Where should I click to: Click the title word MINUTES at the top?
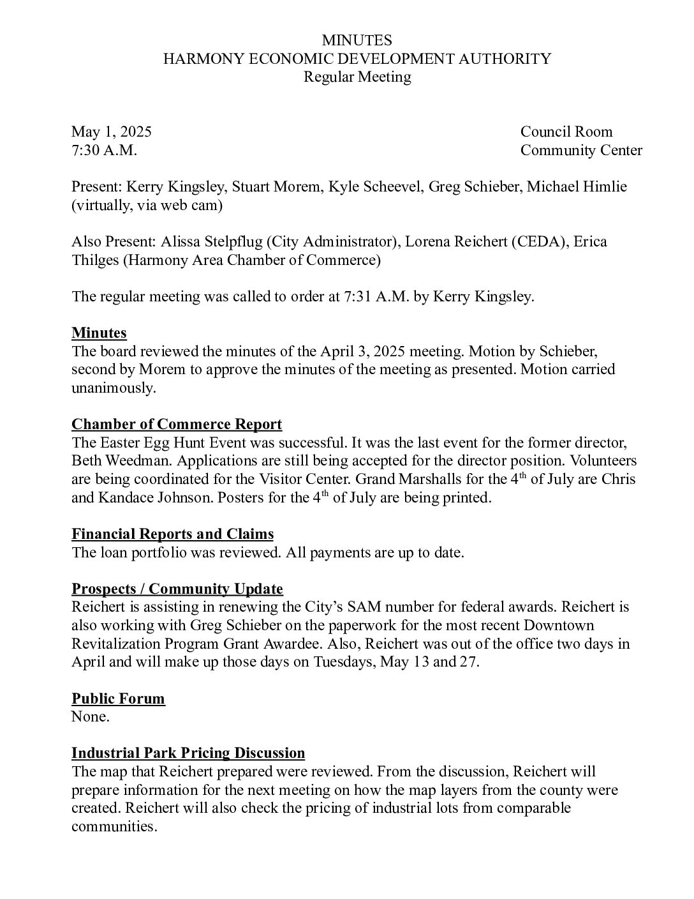point(357,41)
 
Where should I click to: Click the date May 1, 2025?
point(112,132)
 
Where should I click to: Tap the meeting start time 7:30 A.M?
point(104,151)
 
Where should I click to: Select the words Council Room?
point(566,132)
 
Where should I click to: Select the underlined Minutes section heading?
point(99,333)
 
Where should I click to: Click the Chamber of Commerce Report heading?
point(177,425)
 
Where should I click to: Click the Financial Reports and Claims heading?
point(172,534)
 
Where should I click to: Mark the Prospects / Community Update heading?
point(177,589)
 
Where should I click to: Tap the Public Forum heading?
point(118,699)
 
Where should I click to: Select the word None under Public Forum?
point(90,717)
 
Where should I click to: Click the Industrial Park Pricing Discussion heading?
point(188,753)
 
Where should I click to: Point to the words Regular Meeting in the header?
point(357,77)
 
